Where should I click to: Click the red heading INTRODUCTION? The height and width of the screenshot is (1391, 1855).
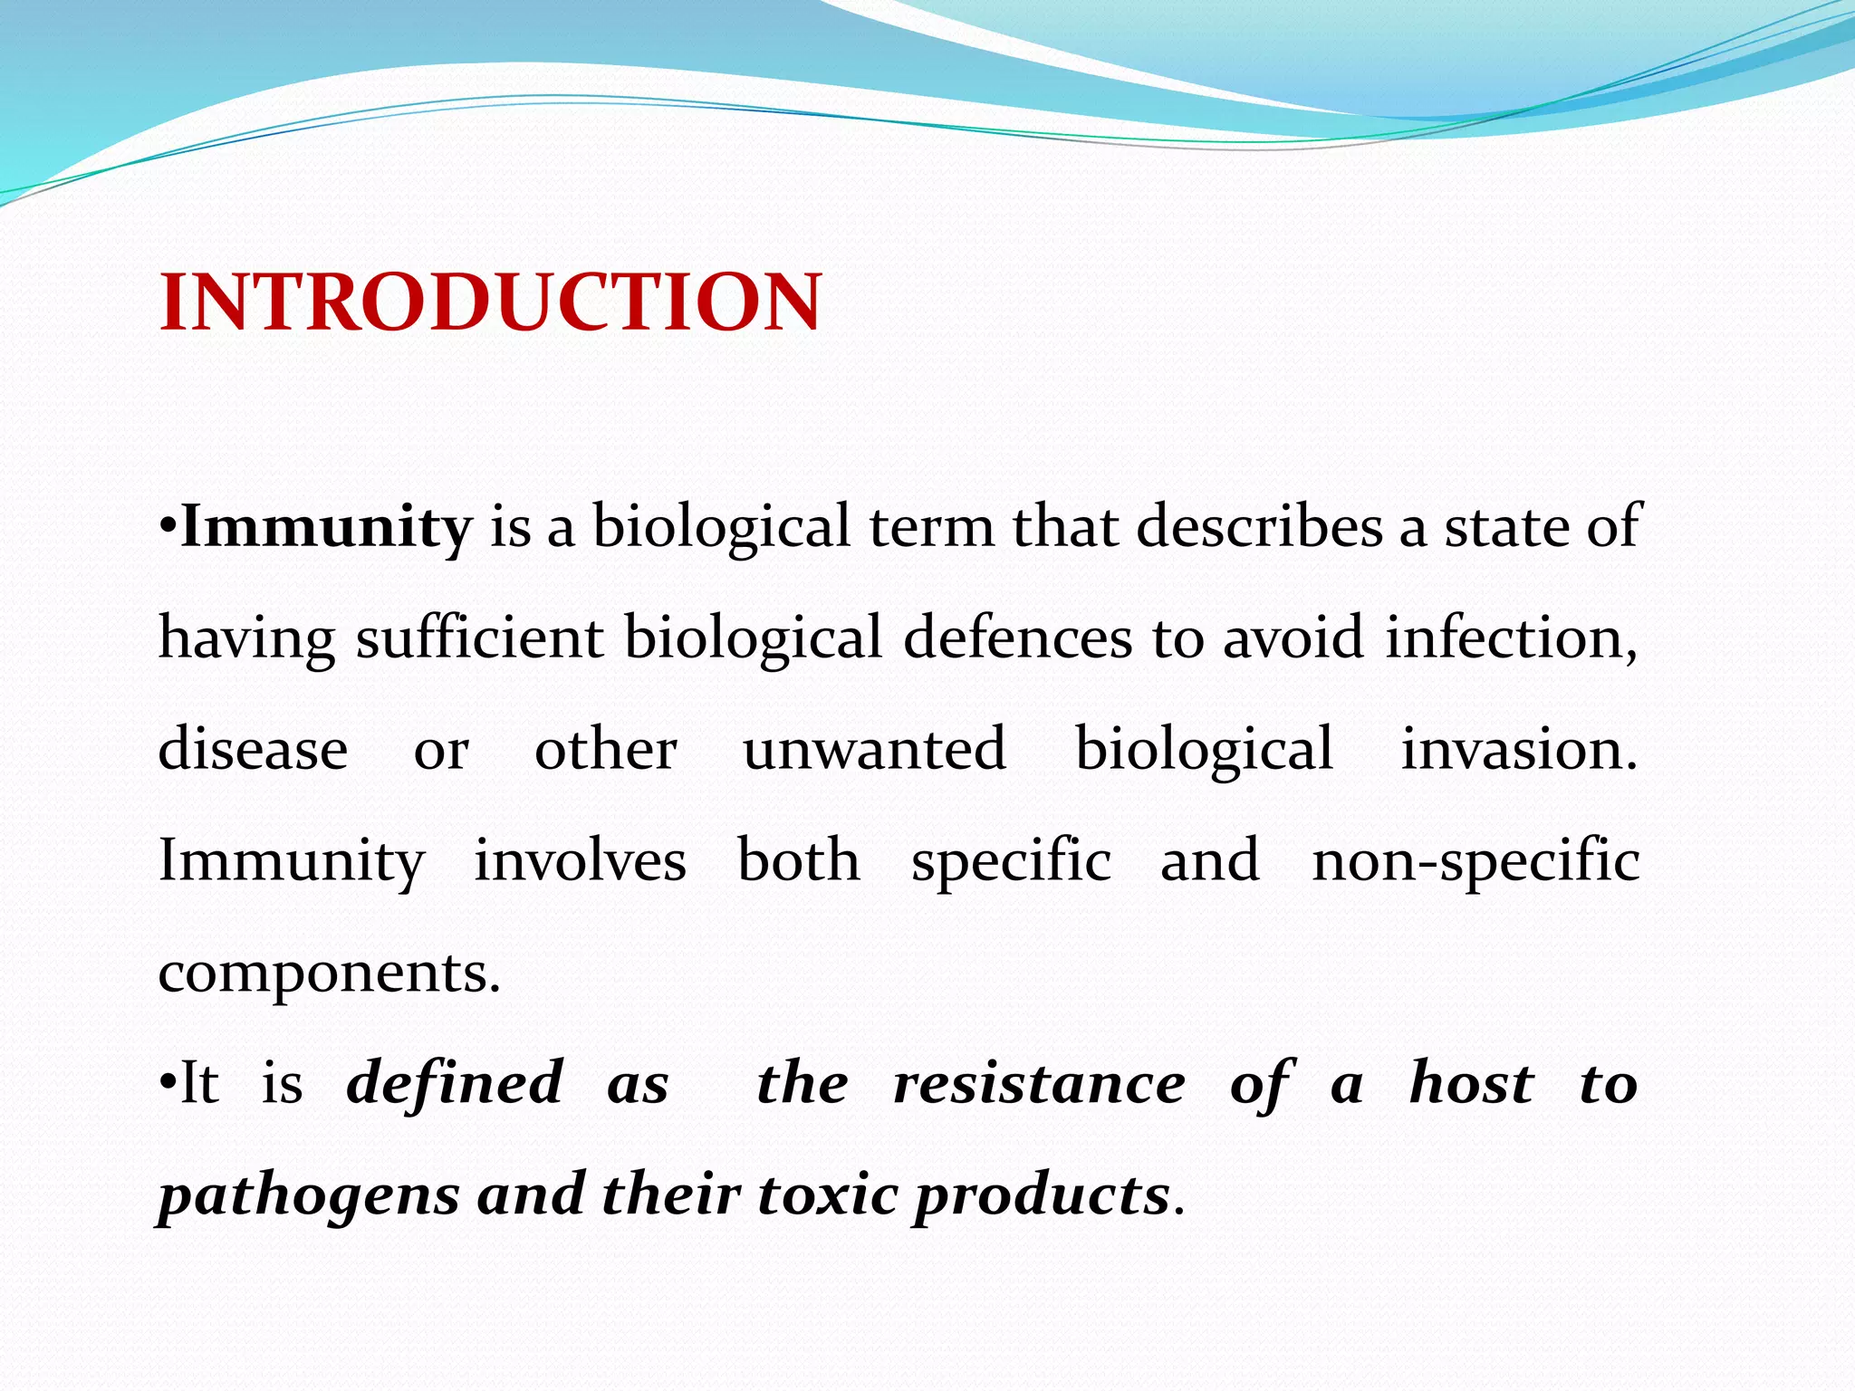490,302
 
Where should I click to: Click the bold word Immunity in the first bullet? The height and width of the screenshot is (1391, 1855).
326,527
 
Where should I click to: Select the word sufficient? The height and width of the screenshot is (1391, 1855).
479,638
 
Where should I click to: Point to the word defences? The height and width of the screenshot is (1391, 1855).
1017,638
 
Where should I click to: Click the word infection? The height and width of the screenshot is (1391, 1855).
1510,638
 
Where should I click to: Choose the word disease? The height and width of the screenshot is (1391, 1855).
253,750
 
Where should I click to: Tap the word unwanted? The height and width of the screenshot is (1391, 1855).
874,750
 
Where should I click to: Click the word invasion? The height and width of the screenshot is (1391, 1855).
1519,750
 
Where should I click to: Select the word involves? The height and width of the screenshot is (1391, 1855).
580,860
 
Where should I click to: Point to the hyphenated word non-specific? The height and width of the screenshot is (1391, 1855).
1475,860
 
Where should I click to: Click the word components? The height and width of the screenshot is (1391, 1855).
328,974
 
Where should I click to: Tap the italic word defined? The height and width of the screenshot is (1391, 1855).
455,1083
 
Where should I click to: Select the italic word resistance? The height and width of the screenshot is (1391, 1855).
1039,1083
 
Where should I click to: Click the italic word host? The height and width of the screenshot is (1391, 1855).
1471,1083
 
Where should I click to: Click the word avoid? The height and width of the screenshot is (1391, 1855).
1293,638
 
